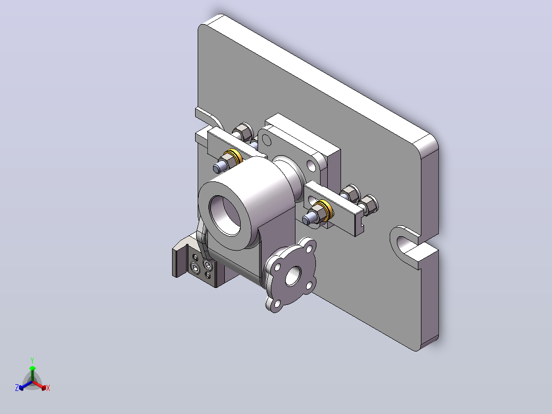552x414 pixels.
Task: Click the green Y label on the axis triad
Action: click(x=32, y=360)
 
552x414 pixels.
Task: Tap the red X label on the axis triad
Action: click(x=48, y=388)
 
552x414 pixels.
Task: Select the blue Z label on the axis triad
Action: click(x=16, y=387)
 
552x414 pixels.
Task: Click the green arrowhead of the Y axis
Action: click(x=32, y=368)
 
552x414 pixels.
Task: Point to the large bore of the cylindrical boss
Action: click(x=225, y=215)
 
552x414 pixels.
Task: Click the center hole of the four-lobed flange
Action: click(x=293, y=276)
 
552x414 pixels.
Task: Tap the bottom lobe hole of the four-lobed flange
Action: click(x=277, y=303)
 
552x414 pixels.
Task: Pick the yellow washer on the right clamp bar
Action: click(x=325, y=211)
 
